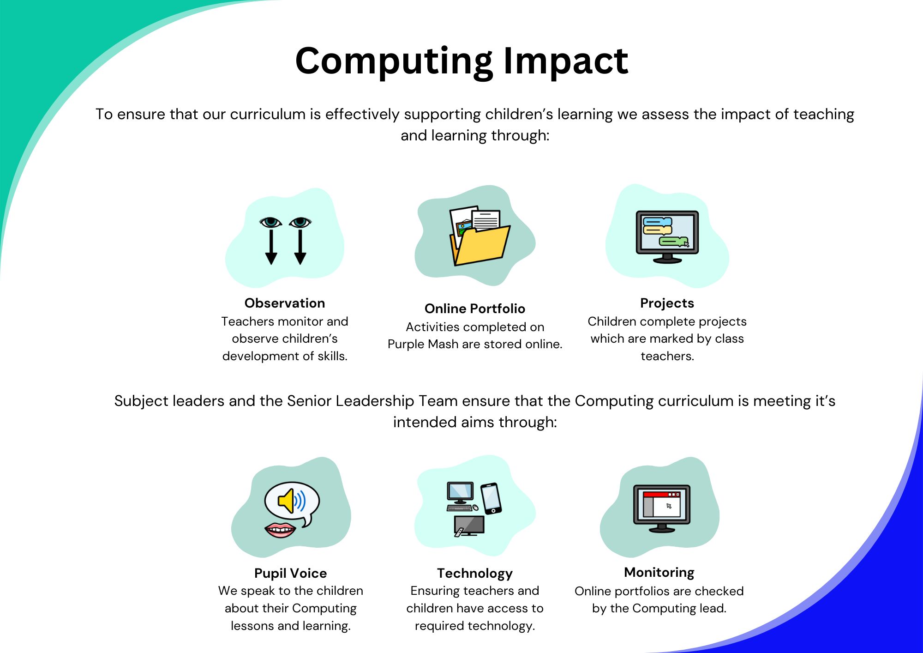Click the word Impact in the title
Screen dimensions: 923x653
pos(565,62)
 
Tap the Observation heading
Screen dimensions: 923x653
pos(285,303)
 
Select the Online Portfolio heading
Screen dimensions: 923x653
pos(475,308)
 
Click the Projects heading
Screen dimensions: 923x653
pos(667,303)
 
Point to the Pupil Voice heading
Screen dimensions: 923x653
pos(290,573)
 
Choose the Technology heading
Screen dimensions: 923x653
pos(475,573)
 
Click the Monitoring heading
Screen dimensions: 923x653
pos(659,572)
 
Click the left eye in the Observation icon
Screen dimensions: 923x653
pos(270,222)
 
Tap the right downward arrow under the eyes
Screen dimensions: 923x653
pos(300,247)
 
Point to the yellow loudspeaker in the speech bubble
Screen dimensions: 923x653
pos(287,501)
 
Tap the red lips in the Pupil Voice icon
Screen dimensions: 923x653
pos(280,530)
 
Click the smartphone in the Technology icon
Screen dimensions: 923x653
pos(491,498)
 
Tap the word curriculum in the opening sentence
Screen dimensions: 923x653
pos(268,114)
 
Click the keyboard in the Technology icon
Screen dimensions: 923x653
pos(460,508)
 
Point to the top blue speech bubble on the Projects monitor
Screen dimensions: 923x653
pos(658,222)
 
